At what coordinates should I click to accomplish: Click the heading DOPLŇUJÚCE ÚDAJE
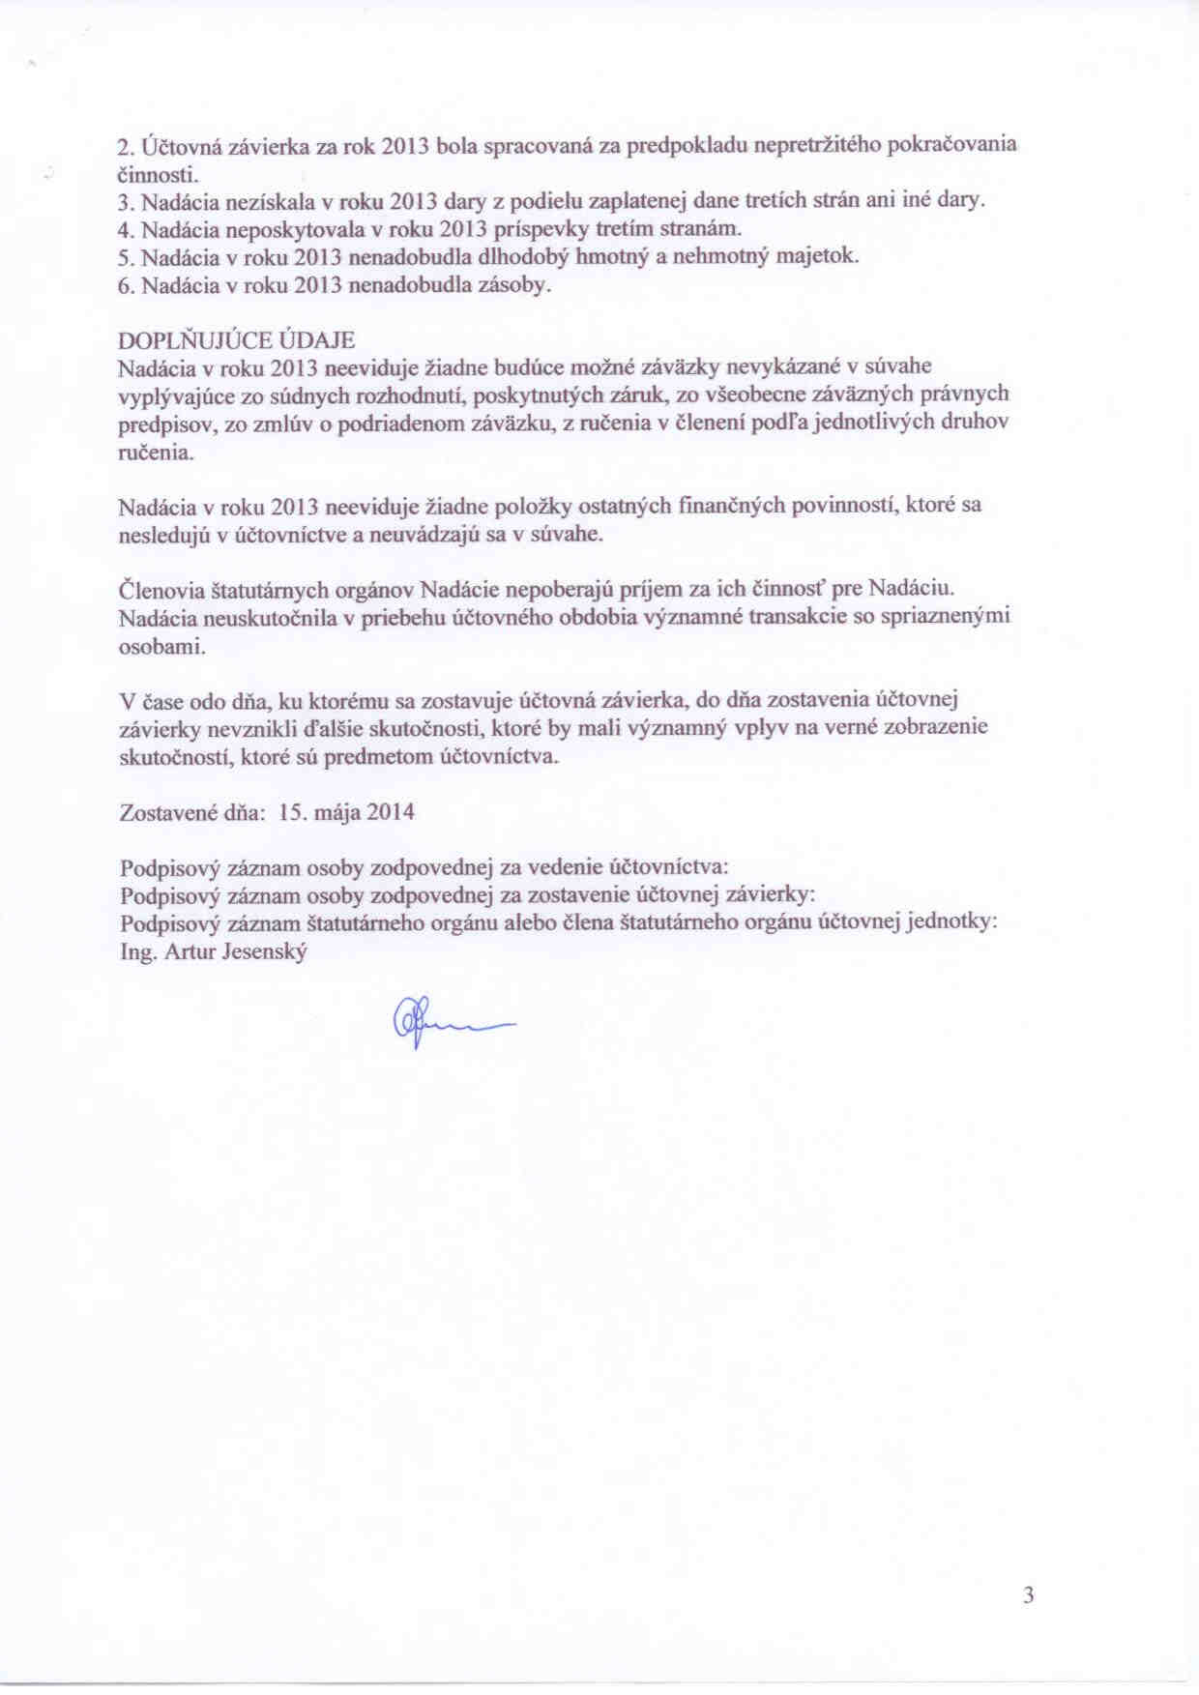236,340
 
